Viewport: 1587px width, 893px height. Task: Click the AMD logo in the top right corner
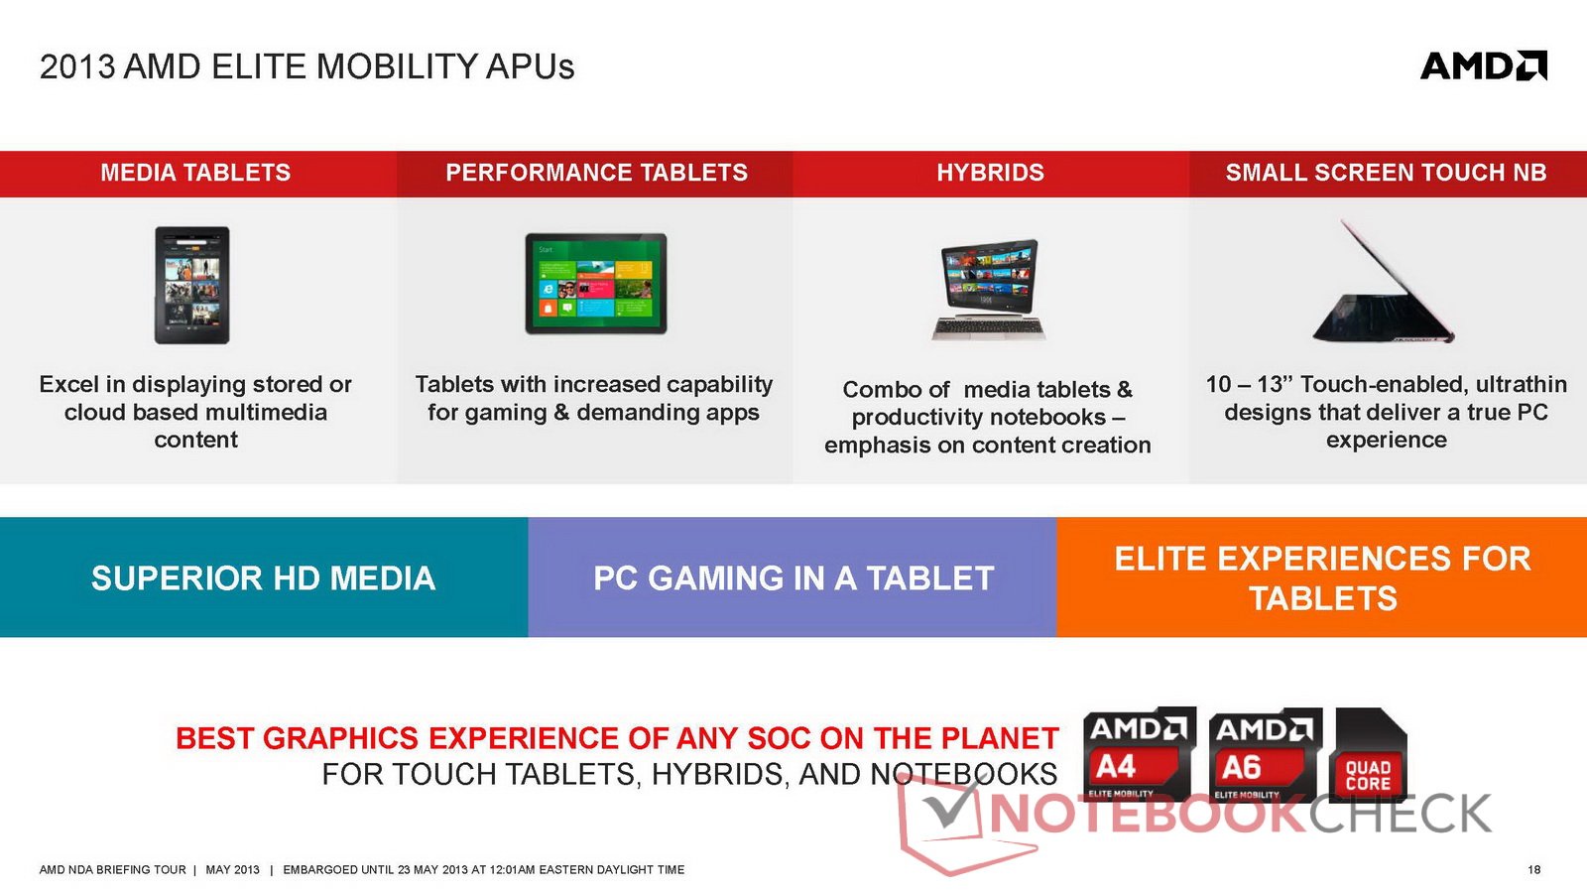click(1484, 65)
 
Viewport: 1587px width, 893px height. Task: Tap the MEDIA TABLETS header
click(195, 173)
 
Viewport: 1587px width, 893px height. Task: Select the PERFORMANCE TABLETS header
click(596, 173)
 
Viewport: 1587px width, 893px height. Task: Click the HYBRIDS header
click(991, 173)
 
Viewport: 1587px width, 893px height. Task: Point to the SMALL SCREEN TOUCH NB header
click(1387, 173)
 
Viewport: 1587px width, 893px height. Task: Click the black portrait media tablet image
click(192, 285)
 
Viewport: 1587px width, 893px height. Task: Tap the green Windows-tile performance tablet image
click(596, 284)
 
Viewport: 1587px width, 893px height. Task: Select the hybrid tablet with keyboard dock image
click(989, 290)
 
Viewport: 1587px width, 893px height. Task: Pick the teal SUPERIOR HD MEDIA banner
click(264, 576)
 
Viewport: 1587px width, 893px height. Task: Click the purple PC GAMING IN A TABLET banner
click(793, 576)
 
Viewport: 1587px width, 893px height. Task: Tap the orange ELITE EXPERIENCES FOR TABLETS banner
click(1322, 576)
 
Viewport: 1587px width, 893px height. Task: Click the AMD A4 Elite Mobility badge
click(1140, 754)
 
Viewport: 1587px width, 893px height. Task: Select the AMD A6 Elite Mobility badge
click(1266, 755)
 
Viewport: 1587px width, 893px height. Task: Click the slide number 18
click(1533, 869)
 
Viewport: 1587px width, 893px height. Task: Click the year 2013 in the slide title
click(77, 66)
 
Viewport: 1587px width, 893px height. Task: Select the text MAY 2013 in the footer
click(232, 869)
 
